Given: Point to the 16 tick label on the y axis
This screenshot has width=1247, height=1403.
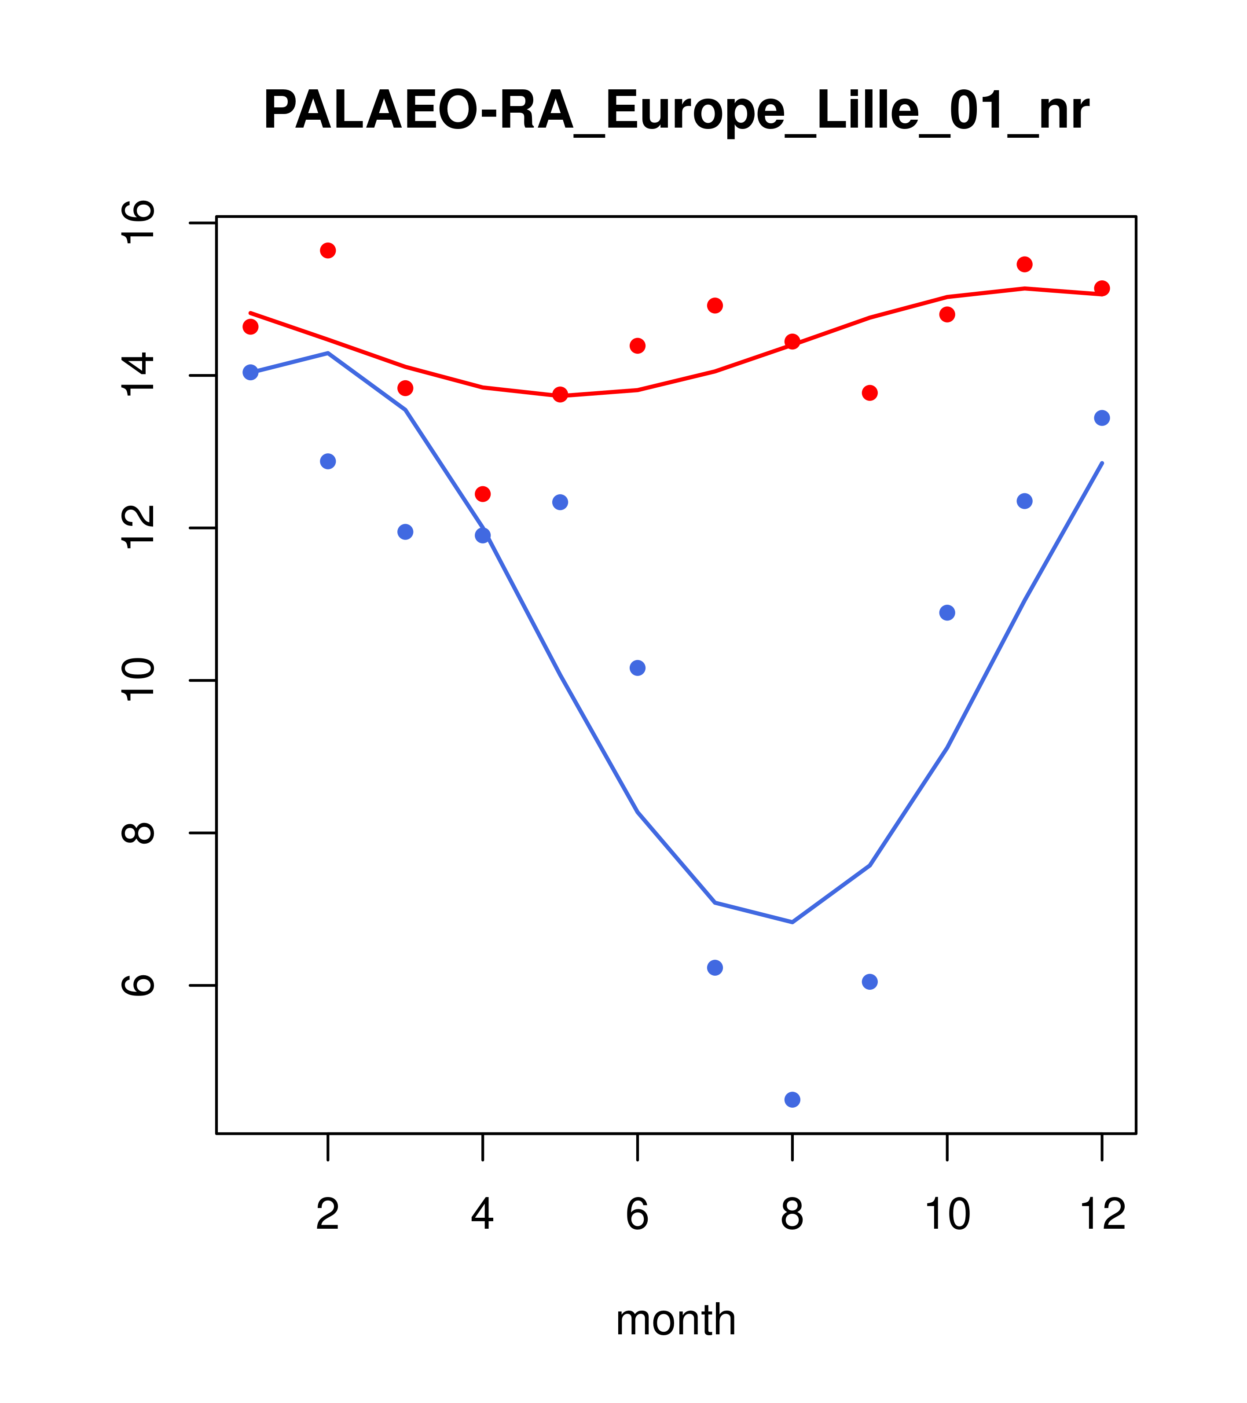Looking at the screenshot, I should coord(139,222).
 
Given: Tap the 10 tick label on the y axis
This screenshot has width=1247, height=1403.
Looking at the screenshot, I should coord(139,680).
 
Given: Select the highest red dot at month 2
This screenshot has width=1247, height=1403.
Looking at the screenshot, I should coord(328,250).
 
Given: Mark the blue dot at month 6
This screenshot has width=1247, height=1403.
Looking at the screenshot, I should coord(638,668).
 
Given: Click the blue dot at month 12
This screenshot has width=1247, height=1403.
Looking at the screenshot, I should coord(1102,418).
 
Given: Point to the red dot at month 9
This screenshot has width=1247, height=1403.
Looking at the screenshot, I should coord(869,393).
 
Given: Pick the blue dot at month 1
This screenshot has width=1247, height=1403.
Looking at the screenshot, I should coord(250,372).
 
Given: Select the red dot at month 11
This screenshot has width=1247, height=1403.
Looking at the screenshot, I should coord(1025,264).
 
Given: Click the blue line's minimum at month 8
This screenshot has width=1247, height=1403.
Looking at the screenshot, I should coord(792,922).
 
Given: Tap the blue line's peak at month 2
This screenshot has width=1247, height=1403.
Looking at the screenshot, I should coord(328,353).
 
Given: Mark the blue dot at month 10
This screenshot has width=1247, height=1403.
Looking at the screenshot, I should coord(947,612).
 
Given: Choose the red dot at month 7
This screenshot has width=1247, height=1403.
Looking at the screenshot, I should coord(715,305).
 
